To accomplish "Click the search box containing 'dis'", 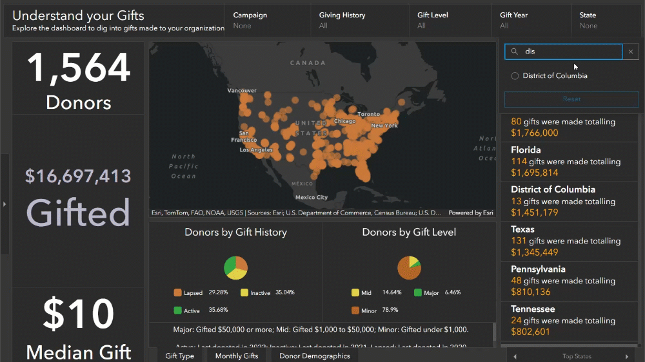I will [x=568, y=52].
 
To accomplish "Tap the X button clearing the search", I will [x=631, y=52].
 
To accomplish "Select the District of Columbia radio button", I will [x=515, y=76].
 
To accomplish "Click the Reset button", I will [x=571, y=99].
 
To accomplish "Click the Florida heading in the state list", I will [x=526, y=150].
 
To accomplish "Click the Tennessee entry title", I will [x=533, y=309].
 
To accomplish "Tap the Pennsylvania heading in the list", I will [x=538, y=269].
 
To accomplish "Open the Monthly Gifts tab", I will [x=237, y=356].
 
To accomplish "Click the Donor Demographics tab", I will [x=314, y=356].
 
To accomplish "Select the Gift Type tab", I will [x=179, y=356].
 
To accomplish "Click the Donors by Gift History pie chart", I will [x=235, y=267].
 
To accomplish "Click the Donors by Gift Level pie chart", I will [x=409, y=267].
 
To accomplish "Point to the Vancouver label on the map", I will [x=242, y=91].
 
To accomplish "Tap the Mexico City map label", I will [x=312, y=197].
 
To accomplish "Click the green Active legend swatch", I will [x=178, y=310].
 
